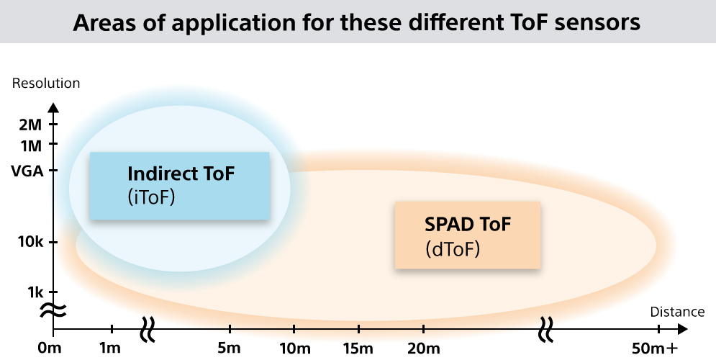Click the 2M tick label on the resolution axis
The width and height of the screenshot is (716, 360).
click(31, 125)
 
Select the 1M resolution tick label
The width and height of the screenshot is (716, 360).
click(31, 145)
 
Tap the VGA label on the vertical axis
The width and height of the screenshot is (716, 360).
click(27, 171)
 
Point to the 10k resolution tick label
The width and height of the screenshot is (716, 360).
click(31, 242)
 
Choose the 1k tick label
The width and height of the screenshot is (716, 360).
click(35, 292)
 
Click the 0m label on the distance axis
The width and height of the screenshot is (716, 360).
click(50, 348)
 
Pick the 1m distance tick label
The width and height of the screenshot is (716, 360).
click(110, 348)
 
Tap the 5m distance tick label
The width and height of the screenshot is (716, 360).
click(229, 348)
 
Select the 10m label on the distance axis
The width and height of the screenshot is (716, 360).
click(295, 348)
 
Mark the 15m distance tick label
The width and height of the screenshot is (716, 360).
click(358, 348)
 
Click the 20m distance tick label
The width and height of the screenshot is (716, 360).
click(424, 348)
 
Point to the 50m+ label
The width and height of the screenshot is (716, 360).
click(655, 348)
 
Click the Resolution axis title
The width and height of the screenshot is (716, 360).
click(46, 83)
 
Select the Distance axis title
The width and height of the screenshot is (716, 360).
click(677, 312)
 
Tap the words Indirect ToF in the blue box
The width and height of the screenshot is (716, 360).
click(181, 174)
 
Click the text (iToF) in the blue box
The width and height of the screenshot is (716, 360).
click(151, 197)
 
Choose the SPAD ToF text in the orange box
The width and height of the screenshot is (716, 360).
click(468, 224)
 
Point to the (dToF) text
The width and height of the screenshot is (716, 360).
click(453, 249)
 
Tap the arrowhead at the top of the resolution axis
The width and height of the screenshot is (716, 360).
click(54, 108)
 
